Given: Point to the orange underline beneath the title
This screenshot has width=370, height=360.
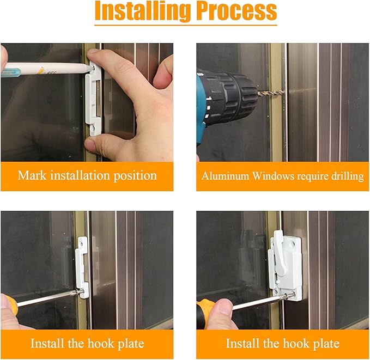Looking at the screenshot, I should [x=185, y=25].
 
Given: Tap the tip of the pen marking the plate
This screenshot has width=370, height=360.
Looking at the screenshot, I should [x=88, y=68].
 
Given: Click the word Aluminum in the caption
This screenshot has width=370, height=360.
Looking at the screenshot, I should [x=224, y=176].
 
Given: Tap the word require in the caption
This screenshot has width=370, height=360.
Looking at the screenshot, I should [x=309, y=176].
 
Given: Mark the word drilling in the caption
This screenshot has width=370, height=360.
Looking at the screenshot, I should [x=346, y=176].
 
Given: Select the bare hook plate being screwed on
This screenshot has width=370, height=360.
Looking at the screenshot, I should [x=82, y=267].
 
